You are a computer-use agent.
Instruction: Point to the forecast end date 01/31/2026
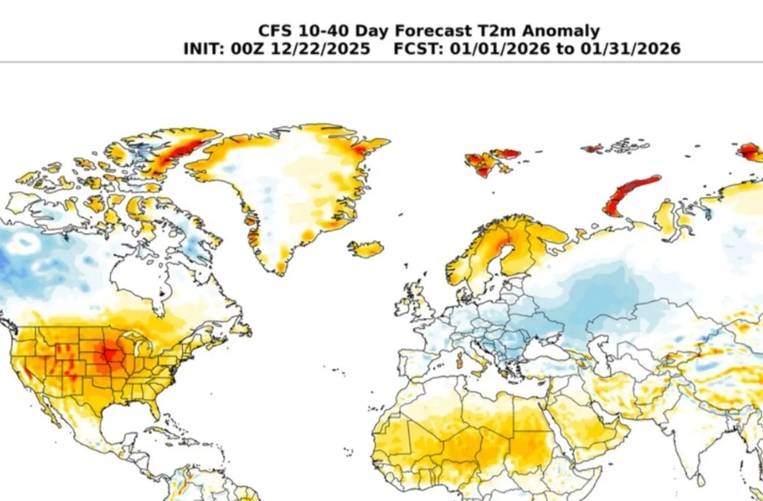(630, 49)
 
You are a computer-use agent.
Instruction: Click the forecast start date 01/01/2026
(500, 49)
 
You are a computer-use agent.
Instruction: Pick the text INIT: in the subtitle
(204, 49)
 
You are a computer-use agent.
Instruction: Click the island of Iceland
(365, 249)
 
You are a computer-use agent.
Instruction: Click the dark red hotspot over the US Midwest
(110, 353)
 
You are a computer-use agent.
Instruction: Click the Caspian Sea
(595, 351)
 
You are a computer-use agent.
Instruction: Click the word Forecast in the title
(433, 31)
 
